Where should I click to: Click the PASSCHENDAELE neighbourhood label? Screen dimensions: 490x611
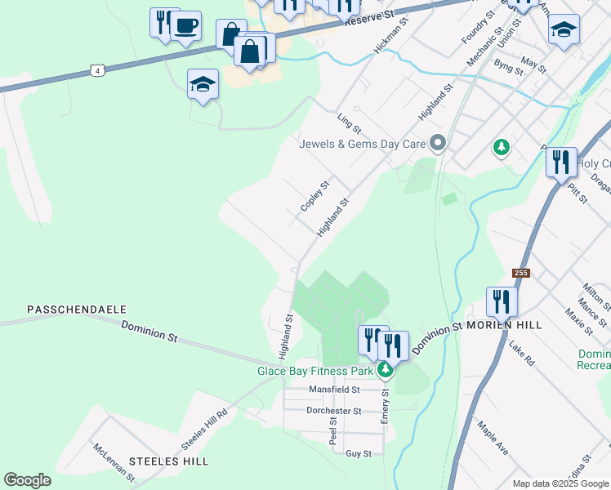(x=77, y=310)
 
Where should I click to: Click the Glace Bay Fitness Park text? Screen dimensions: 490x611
(x=314, y=371)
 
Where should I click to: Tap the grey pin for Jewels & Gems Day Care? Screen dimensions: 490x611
(x=438, y=144)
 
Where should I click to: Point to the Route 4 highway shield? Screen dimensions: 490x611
(x=97, y=71)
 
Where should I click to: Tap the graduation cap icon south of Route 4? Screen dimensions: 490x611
(x=203, y=84)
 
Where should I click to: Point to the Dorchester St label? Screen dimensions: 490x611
(x=333, y=411)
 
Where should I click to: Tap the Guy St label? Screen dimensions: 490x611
(x=359, y=453)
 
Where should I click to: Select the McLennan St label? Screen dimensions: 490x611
(x=113, y=462)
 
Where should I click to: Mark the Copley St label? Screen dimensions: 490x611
(x=314, y=197)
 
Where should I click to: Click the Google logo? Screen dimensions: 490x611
(x=27, y=480)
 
